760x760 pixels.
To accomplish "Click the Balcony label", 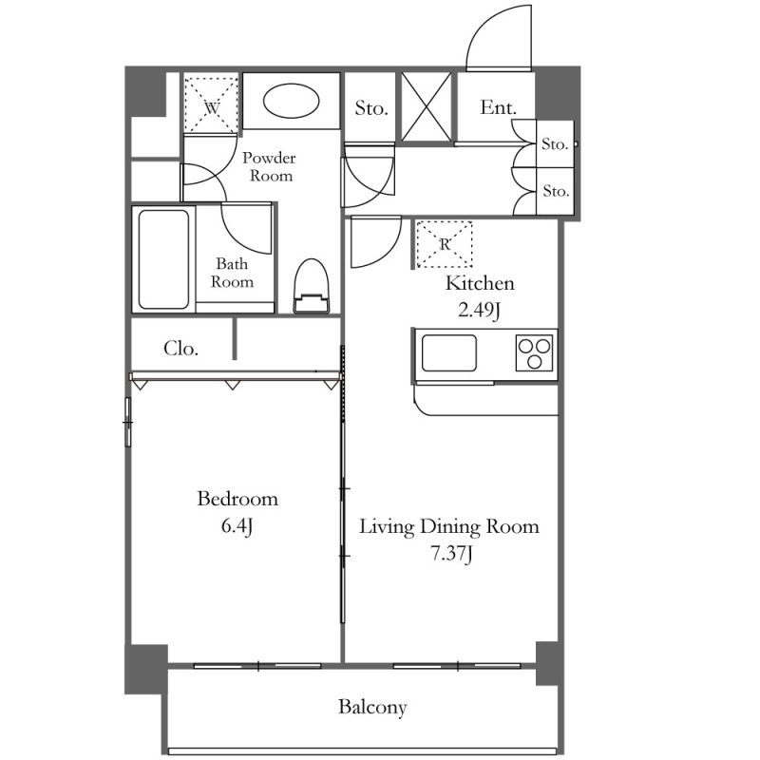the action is pyautogui.click(x=372, y=707).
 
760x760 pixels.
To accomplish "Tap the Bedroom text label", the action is pyautogui.click(x=237, y=499).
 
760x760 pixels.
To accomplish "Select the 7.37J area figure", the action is pyautogui.click(x=451, y=554).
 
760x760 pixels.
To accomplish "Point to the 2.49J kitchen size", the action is pyautogui.click(x=479, y=310).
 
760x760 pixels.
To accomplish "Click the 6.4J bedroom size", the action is pyautogui.click(x=237, y=526).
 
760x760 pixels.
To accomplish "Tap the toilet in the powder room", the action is pyautogui.click(x=312, y=286).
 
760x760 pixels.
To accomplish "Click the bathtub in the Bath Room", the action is pyautogui.click(x=163, y=259).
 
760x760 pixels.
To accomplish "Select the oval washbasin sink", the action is pyautogui.click(x=292, y=102).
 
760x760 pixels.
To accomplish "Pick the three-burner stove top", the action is pyautogui.click(x=534, y=353).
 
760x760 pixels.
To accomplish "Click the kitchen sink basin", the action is pyautogui.click(x=448, y=352).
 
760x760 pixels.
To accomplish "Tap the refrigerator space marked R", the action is pyautogui.click(x=445, y=244).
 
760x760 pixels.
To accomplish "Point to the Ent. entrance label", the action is pyautogui.click(x=498, y=107).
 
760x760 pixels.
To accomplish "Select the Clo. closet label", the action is pyautogui.click(x=180, y=348).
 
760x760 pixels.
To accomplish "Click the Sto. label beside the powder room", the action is pyautogui.click(x=371, y=107).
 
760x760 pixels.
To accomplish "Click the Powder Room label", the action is pyautogui.click(x=270, y=167).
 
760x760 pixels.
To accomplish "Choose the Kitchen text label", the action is pyautogui.click(x=480, y=283).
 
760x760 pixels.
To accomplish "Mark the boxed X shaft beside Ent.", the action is pyautogui.click(x=427, y=107).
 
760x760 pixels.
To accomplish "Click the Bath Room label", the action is pyautogui.click(x=232, y=273).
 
